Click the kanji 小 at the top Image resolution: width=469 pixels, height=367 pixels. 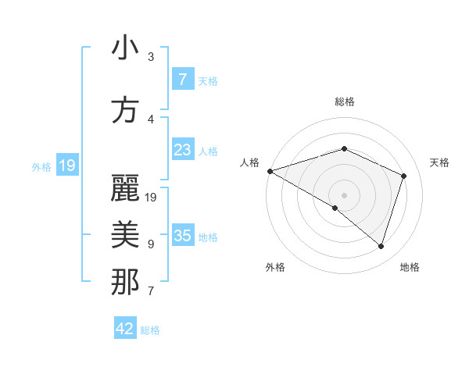point(124,49)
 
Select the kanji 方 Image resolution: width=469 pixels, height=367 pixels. point(124,109)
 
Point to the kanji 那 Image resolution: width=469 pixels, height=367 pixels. point(124,282)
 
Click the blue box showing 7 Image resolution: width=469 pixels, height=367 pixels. point(183,80)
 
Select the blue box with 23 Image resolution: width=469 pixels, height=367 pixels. point(183,150)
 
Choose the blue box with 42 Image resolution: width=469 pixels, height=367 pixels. point(125,329)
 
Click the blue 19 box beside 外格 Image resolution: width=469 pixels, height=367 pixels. point(67,166)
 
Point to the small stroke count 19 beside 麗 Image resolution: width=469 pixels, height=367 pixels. point(152,198)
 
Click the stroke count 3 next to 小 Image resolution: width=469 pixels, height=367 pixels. point(151,57)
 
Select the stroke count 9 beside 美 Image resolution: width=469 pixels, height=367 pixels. point(150,244)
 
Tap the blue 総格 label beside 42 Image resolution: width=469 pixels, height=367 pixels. point(151,330)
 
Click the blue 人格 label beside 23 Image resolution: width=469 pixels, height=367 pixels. point(209,151)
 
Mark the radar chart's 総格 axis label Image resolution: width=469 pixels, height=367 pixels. point(344,102)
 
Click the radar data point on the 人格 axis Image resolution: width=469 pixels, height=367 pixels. point(270,170)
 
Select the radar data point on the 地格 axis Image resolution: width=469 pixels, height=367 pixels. point(381,246)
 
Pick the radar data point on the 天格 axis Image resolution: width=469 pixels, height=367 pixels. point(404,176)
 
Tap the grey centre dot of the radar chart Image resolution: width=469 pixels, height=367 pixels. point(344,194)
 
